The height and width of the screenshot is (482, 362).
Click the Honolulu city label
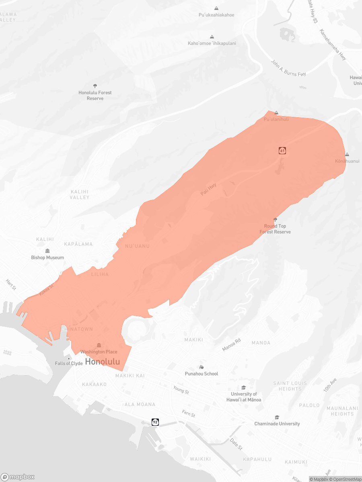point(103,362)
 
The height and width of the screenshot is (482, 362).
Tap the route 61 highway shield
point(282,151)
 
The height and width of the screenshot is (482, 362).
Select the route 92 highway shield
point(155,422)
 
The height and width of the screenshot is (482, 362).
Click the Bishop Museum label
point(47,257)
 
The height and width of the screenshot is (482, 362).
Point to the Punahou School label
point(202,374)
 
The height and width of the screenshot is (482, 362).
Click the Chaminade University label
point(277,423)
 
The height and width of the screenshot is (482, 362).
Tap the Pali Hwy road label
point(208,190)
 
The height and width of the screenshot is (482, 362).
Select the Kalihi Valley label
point(79,194)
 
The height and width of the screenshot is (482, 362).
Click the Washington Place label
point(99,351)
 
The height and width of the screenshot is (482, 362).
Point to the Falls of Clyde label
point(69,364)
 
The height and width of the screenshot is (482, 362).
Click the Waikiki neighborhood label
point(200,459)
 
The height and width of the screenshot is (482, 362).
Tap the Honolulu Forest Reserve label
point(95,95)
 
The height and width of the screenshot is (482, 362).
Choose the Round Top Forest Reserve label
point(275,229)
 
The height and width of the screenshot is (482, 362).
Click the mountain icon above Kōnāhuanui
point(347,155)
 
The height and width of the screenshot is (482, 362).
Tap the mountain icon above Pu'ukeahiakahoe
point(216,8)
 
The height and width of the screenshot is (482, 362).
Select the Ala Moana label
point(140,404)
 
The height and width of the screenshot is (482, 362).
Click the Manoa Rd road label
point(232,345)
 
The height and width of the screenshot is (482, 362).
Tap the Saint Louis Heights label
point(290,386)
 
